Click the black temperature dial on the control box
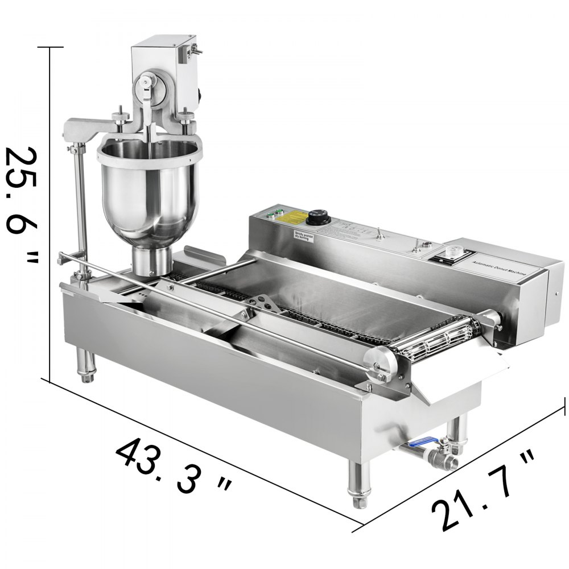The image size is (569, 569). (x=316, y=217)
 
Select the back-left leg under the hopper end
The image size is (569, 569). (x=85, y=364)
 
